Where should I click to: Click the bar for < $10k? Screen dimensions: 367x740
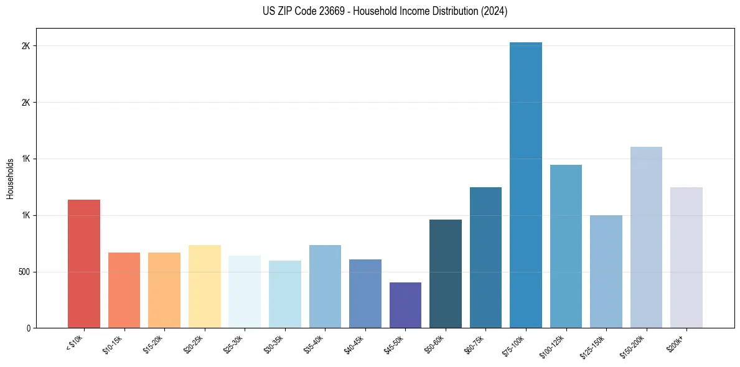[x=84, y=264]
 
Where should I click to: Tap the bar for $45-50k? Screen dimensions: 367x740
[x=405, y=305]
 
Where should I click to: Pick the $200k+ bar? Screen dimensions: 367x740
[x=686, y=258]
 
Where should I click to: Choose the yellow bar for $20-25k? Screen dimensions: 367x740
[x=205, y=286]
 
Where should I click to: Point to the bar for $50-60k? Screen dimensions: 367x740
[x=446, y=274]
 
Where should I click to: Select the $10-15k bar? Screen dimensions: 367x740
[x=124, y=290]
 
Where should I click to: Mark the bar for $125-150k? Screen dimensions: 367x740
[x=606, y=271]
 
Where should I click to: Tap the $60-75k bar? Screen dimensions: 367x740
[x=485, y=258]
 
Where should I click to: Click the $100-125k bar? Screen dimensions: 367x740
[x=566, y=246]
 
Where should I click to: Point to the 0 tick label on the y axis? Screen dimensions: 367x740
[x=29, y=328]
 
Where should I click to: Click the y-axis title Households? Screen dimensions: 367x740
[x=11, y=179]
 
